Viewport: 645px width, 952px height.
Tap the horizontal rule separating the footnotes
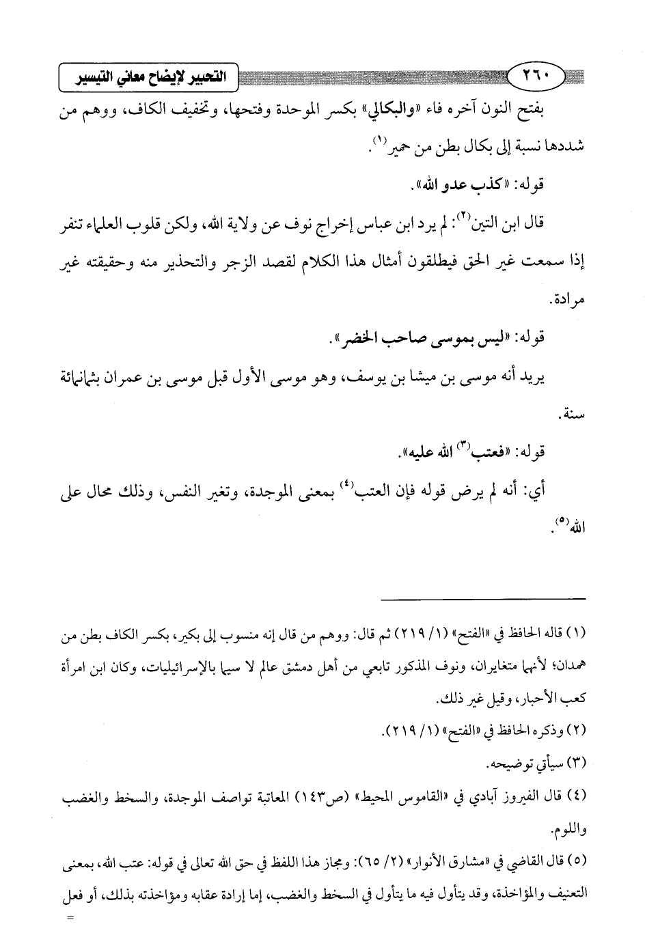pyautogui.click(x=482, y=599)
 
